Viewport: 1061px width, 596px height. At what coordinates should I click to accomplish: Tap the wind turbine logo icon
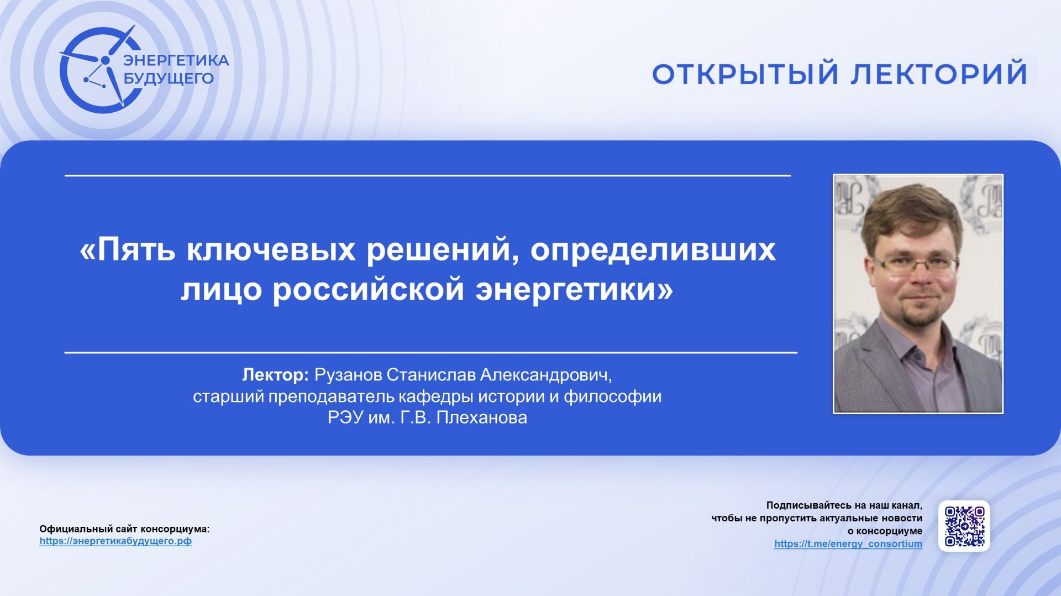point(99,70)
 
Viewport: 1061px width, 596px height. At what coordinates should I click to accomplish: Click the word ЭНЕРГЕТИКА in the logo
point(176,60)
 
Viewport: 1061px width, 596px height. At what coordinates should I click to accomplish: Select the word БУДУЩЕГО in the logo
point(168,79)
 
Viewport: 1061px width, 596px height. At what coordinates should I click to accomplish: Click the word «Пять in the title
point(128,250)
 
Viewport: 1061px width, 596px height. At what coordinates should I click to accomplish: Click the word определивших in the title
point(653,250)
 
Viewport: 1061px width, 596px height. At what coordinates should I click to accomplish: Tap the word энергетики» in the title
point(574,289)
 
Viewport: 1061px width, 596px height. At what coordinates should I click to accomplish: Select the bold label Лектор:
point(275,375)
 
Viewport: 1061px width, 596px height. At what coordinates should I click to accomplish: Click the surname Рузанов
point(348,375)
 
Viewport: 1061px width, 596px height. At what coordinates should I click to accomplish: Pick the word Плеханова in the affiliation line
point(481,417)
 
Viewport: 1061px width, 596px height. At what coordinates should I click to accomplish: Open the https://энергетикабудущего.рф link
point(115,541)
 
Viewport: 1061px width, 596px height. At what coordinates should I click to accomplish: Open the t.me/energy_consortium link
point(848,544)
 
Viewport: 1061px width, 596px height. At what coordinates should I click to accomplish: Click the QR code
point(964,526)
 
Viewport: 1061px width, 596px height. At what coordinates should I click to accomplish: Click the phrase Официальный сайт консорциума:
point(124,529)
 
